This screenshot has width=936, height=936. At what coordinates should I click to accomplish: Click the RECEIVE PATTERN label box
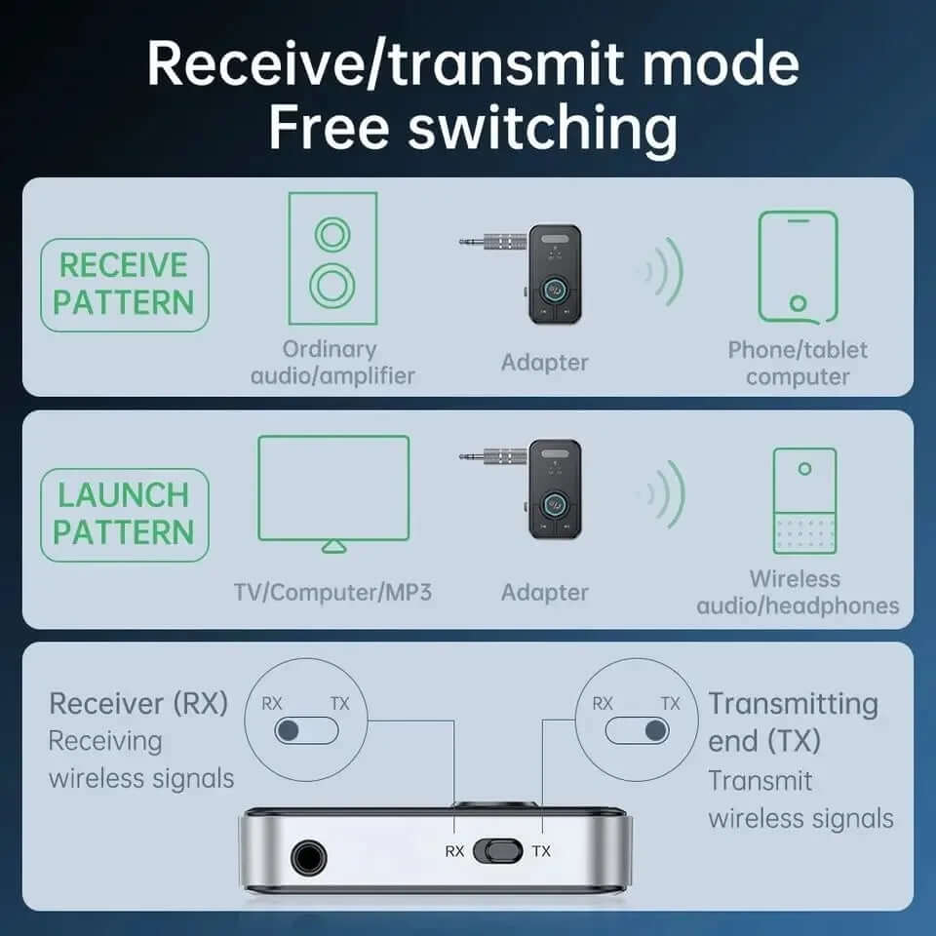(x=124, y=285)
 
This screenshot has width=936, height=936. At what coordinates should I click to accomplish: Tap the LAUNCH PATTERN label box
(x=124, y=515)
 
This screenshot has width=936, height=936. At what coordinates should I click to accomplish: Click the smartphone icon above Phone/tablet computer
(x=798, y=267)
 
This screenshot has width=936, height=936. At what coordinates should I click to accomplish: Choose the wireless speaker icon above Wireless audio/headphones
(x=803, y=501)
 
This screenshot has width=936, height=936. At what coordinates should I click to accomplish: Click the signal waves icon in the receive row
(x=661, y=269)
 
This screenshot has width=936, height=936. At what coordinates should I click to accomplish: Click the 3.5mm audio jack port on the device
(x=308, y=858)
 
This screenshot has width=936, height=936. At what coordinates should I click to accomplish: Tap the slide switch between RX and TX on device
(x=498, y=850)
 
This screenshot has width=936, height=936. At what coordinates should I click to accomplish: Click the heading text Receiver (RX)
(x=138, y=703)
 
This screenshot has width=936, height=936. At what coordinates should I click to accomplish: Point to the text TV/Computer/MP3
(x=332, y=592)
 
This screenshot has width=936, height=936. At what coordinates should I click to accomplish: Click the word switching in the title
(x=542, y=129)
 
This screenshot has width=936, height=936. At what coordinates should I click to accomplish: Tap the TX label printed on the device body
(x=541, y=851)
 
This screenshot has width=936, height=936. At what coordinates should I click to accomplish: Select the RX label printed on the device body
(x=454, y=851)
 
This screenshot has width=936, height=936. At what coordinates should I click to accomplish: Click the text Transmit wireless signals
(x=799, y=799)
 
